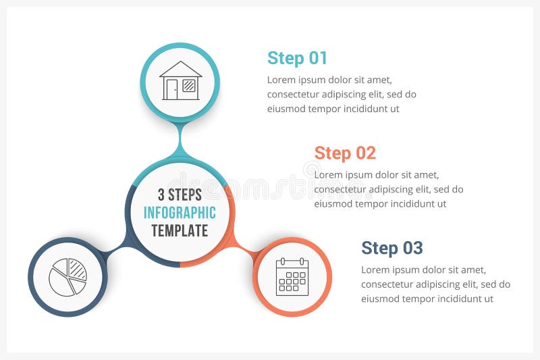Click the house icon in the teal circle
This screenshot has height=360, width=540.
180,81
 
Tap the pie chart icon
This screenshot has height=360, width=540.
67,277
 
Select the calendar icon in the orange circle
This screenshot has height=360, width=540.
292,277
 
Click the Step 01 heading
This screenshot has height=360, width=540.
297,58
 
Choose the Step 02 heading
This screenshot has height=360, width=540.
345,153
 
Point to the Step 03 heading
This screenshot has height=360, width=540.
391,248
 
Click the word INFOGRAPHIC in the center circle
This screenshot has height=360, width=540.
180,213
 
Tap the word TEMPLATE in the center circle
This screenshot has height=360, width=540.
180,230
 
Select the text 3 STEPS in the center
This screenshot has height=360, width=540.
180,195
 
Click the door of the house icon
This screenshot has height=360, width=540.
172,89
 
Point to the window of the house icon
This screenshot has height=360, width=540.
189,86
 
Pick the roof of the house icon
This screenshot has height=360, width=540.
180,69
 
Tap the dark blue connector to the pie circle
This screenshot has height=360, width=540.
116,250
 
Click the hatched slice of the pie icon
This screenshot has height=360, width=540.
78,270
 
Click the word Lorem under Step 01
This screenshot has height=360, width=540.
281,80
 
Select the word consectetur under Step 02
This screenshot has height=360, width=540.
343,189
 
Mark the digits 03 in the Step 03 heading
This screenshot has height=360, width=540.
412,248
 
